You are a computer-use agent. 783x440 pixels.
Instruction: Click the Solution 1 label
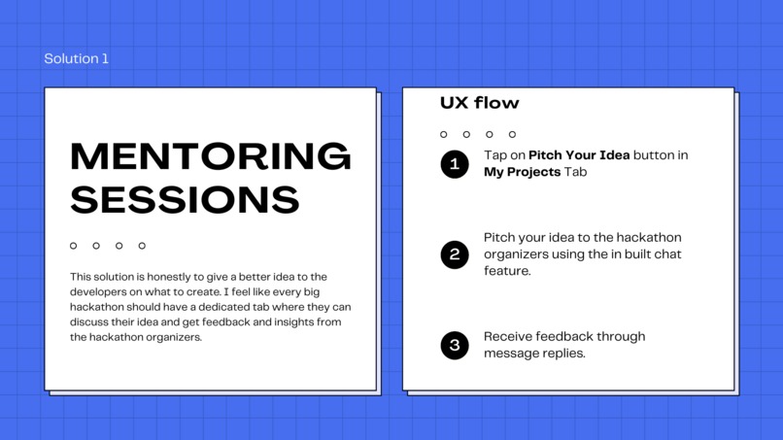(76, 58)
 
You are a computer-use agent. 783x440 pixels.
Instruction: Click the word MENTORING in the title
(211, 157)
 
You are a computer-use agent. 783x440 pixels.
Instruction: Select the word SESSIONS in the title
(185, 199)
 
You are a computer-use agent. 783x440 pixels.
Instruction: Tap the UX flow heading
(479, 103)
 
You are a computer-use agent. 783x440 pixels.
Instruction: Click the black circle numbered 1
(454, 164)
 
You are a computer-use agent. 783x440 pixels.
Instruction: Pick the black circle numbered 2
(454, 255)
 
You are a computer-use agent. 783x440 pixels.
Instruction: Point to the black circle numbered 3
(454, 345)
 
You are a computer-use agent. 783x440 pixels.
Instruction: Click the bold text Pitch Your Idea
(579, 155)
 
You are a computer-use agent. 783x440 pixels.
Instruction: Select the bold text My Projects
(522, 172)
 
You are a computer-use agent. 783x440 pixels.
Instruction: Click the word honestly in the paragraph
(162, 277)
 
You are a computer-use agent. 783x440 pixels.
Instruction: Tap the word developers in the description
(102, 292)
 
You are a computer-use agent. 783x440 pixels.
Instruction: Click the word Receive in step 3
(510, 336)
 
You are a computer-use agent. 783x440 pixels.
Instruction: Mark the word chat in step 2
(665, 254)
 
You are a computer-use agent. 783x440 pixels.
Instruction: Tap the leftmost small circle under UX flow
(444, 135)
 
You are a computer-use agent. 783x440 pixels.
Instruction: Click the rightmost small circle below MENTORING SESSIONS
(142, 246)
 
